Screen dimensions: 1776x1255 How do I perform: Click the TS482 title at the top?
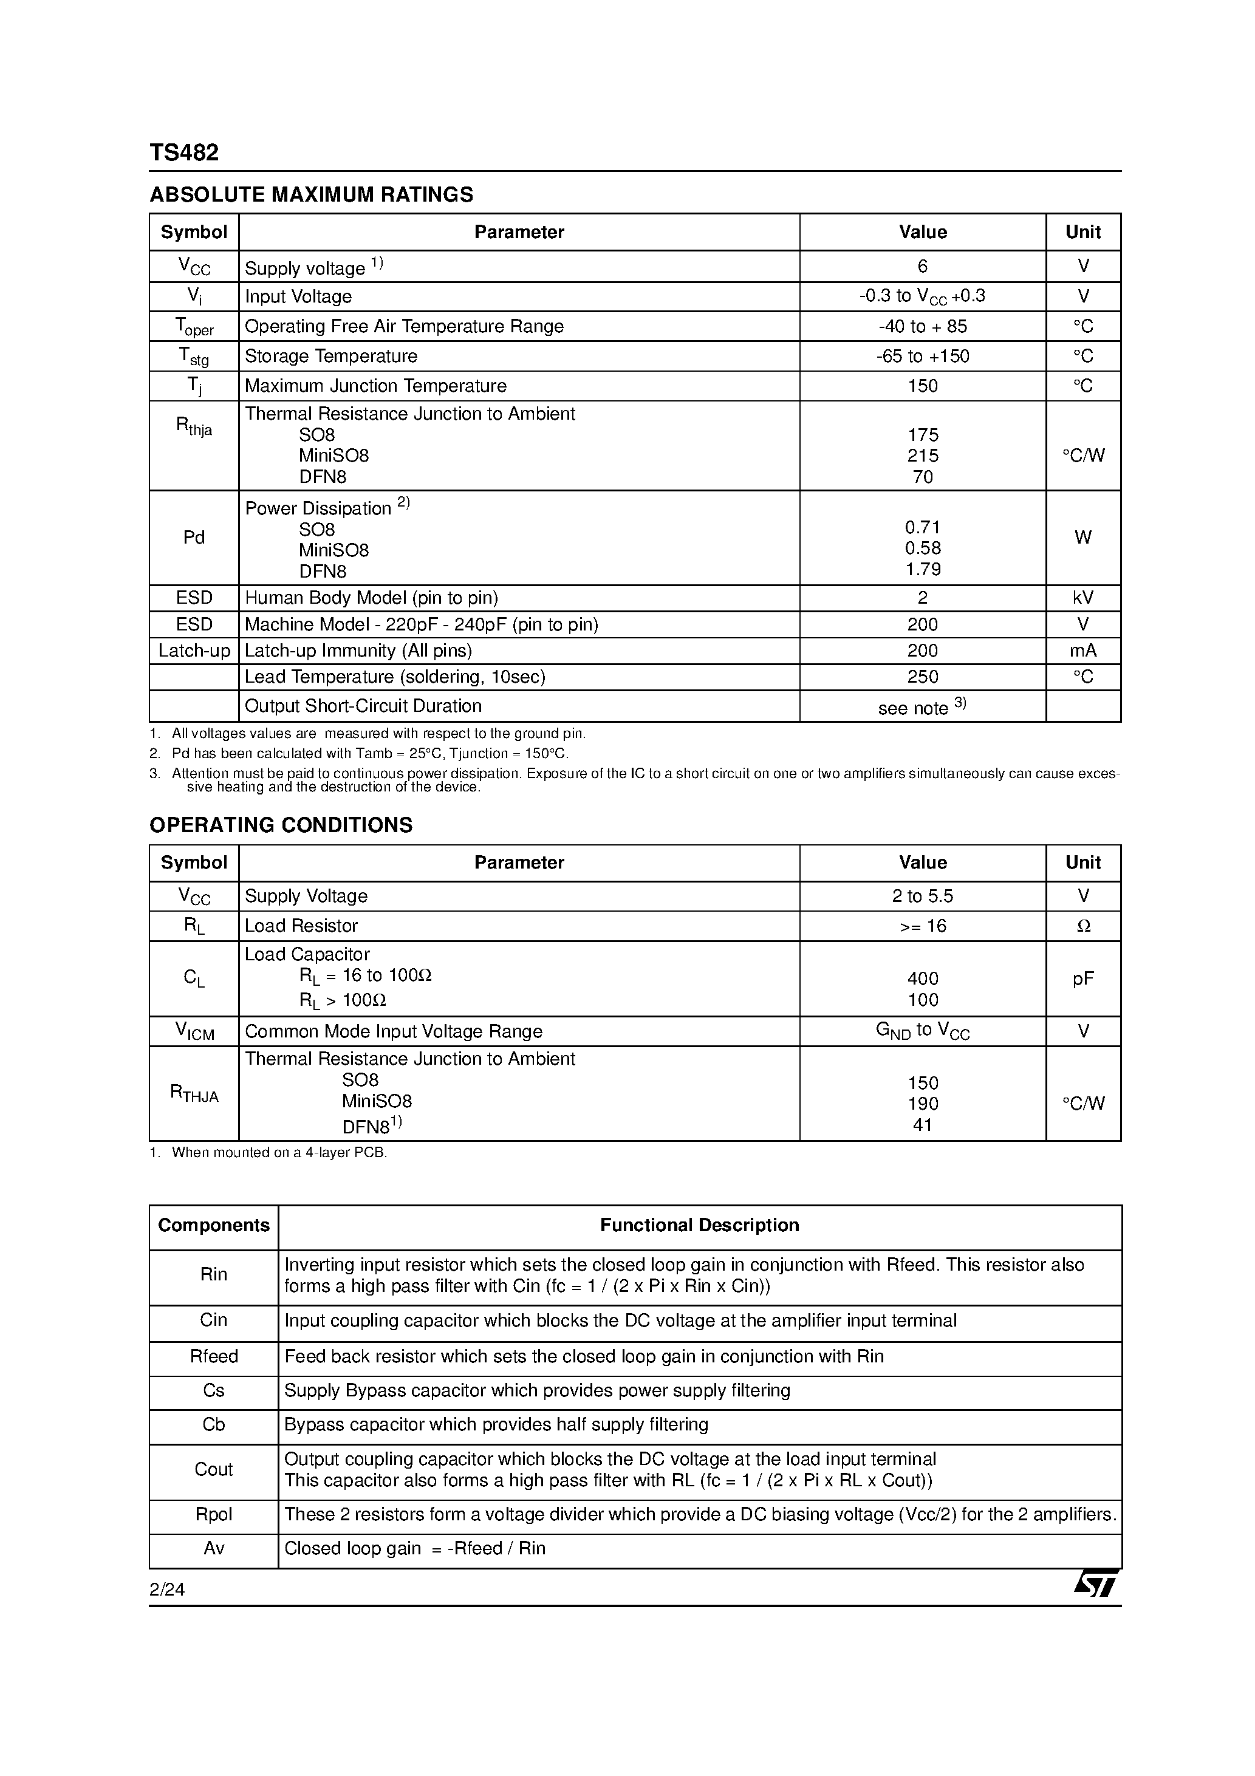[184, 152]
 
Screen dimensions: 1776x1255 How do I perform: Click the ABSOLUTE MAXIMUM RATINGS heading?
[311, 194]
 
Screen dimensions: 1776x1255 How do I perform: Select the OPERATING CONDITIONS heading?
[281, 825]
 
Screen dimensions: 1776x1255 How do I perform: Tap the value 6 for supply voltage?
[922, 266]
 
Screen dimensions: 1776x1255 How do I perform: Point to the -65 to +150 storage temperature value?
[922, 356]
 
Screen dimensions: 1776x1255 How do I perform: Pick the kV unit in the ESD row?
[1082, 598]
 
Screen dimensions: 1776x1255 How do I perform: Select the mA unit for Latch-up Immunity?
[1082, 651]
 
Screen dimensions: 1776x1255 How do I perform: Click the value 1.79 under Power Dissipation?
[922, 569]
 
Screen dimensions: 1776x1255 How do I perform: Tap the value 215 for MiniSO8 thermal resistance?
[922, 456]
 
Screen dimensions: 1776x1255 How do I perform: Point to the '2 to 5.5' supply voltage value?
[922, 896]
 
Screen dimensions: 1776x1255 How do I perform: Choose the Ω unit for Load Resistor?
[1083, 926]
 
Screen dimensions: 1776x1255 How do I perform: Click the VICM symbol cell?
[194, 1031]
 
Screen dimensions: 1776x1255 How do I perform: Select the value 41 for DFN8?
[922, 1125]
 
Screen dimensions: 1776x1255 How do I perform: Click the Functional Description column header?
[699, 1225]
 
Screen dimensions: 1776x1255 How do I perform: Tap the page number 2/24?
[167, 1590]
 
